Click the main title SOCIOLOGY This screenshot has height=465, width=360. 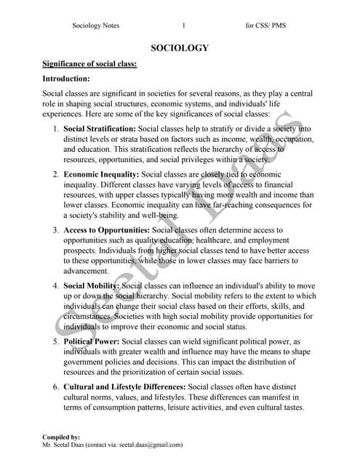point(180,48)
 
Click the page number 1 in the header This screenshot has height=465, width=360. point(184,25)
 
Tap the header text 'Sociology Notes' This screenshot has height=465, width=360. point(96,25)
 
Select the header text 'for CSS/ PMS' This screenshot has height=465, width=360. point(265,25)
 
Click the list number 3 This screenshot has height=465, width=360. point(55,230)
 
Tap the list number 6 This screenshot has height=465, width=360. point(55,387)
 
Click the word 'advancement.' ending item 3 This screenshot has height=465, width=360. point(90,271)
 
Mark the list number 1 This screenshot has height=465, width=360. point(55,129)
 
